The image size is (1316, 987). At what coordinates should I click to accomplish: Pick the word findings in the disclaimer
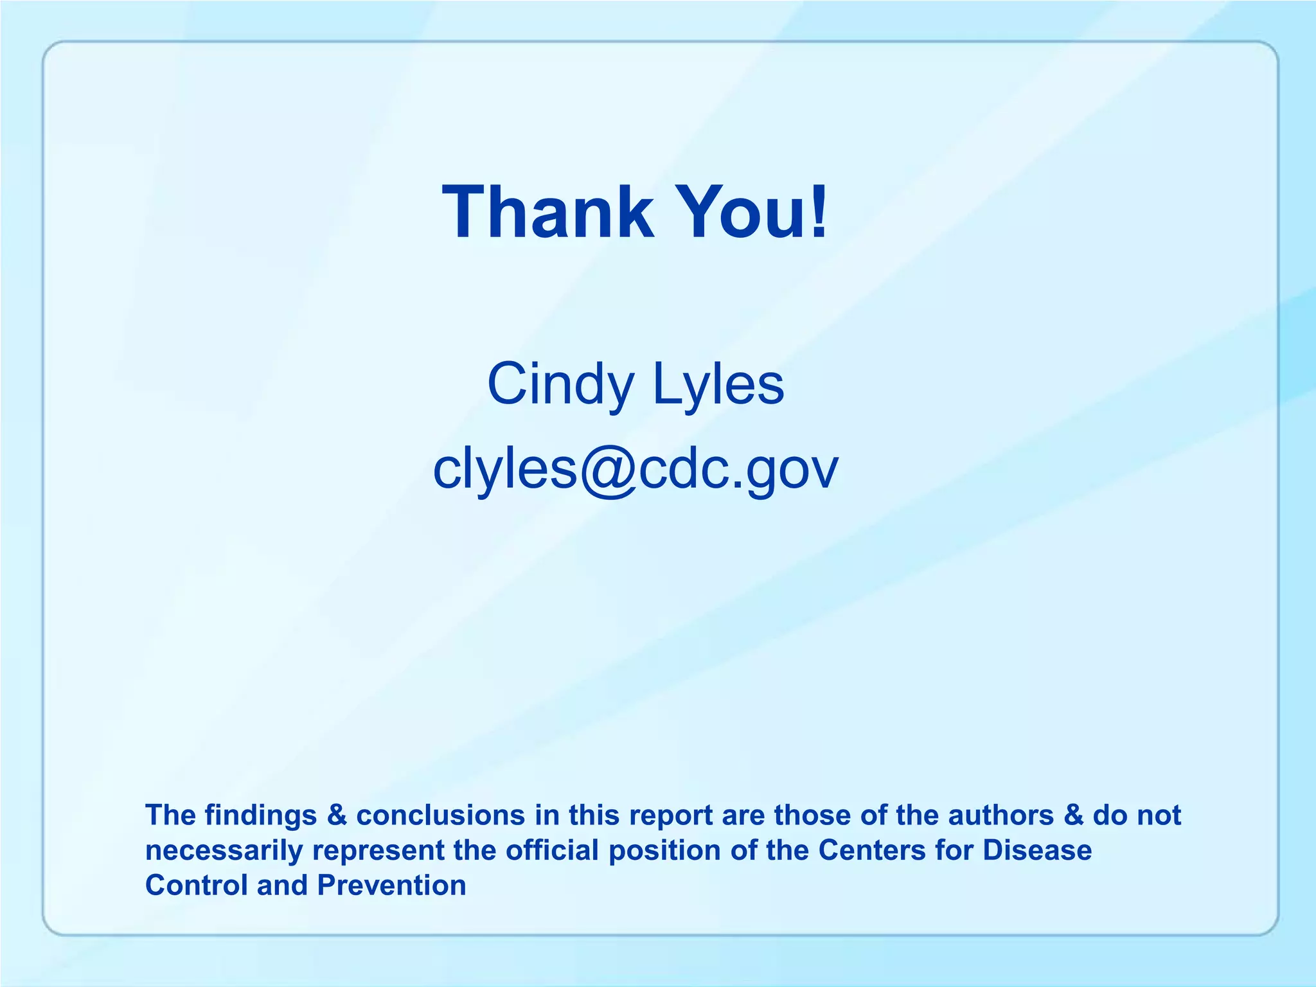pyautogui.click(x=261, y=815)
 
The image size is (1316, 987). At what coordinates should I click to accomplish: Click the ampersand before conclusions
pyautogui.click(x=337, y=815)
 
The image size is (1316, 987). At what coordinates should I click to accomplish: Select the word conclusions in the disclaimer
pyautogui.click(x=441, y=815)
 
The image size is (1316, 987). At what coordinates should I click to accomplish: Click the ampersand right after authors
pyautogui.click(x=1074, y=815)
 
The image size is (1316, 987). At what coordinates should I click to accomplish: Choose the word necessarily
pyautogui.click(x=224, y=851)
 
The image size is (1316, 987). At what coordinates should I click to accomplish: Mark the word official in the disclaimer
pyautogui.click(x=553, y=851)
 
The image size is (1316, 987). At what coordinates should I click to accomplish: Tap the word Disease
pyautogui.click(x=1037, y=851)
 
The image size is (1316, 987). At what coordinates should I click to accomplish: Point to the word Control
pyautogui.click(x=197, y=885)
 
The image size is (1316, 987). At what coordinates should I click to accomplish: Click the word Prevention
pyautogui.click(x=392, y=885)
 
